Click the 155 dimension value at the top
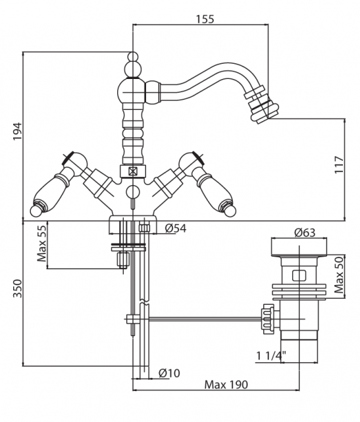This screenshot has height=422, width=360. coord(205,19)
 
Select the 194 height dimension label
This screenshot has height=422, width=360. coord(18,131)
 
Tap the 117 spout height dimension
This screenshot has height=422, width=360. coord(340,165)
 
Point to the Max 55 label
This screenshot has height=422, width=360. coord(41,244)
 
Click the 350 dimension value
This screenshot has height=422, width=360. coord(18,288)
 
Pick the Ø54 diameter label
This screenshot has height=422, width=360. coord(176,228)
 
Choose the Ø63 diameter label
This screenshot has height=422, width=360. coord(304,232)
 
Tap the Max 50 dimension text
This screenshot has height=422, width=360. coord(339,275)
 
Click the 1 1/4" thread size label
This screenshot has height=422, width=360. coord(271,356)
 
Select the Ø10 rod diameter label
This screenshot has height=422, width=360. coord(169,373)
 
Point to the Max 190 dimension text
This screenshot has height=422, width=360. coord(226,384)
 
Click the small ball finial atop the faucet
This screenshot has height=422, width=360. coord(132,57)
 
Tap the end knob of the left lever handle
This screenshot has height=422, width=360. coord(36,211)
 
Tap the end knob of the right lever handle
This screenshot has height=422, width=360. coord(230,211)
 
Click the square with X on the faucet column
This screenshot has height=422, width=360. coord(132,171)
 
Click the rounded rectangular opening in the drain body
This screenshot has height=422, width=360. coord(299,275)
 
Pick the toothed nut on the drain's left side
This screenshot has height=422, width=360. coord(267,319)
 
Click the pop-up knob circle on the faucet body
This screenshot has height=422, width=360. coord(132,192)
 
